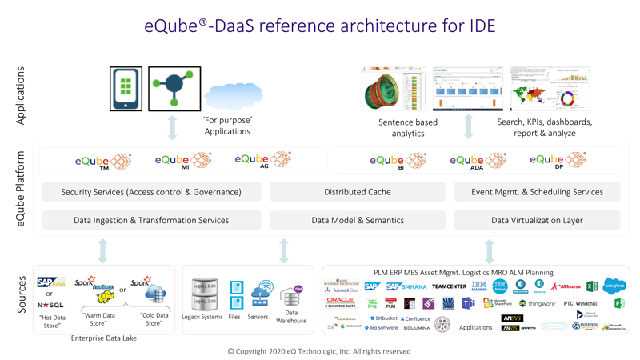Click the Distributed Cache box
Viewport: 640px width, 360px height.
point(357,192)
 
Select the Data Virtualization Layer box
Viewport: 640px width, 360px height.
point(537,220)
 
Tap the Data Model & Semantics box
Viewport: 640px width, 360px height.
point(357,220)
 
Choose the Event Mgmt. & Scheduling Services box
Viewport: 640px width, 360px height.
point(537,192)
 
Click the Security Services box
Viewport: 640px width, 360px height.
point(151,192)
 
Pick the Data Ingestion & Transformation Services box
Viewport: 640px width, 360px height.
point(151,220)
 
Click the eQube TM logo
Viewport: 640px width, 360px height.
point(103,162)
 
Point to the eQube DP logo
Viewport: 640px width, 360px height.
point(558,160)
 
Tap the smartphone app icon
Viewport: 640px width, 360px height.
point(126,88)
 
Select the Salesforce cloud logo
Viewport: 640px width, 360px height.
point(614,286)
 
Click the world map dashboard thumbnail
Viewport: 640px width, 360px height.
point(550,89)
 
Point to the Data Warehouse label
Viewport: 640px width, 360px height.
point(291,317)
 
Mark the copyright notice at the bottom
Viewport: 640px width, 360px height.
point(319,351)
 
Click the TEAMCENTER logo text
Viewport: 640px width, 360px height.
point(449,286)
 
